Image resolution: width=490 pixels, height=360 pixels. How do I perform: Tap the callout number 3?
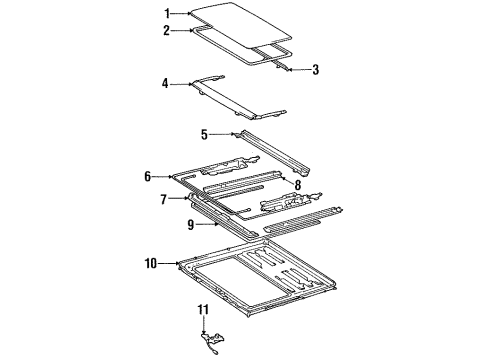click(315, 69)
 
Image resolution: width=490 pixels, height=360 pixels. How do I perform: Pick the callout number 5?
click(204, 133)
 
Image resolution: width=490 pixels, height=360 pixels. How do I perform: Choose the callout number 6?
click(148, 176)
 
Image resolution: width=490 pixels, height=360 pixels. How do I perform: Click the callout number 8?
click(297, 170)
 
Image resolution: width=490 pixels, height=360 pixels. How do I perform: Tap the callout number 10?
click(151, 264)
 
